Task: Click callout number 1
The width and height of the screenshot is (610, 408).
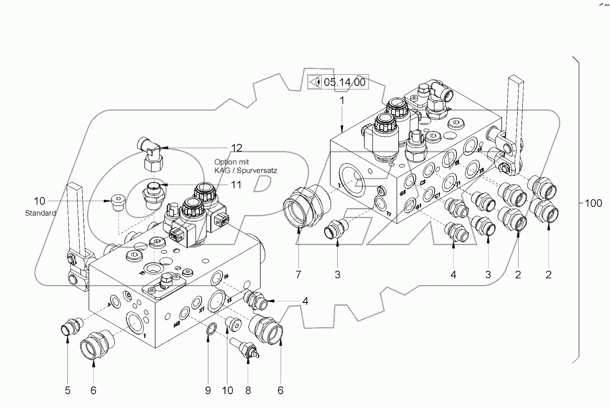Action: click(x=341, y=101)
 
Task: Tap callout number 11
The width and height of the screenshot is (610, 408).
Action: click(x=236, y=185)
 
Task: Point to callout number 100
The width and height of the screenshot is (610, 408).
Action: click(x=592, y=204)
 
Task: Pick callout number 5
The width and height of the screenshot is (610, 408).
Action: click(x=67, y=390)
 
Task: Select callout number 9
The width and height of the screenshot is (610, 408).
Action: click(x=208, y=390)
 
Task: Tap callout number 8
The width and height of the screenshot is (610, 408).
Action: click(x=248, y=390)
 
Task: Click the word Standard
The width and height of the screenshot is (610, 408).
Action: click(x=40, y=213)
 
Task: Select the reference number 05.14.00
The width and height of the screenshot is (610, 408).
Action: click(x=344, y=82)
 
